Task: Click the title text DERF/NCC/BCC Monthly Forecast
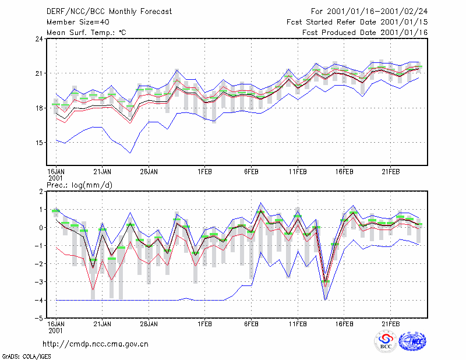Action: click(x=109, y=12)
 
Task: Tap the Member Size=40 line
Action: click(x=78, y=22)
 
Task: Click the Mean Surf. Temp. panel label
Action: click(x=86, y=33)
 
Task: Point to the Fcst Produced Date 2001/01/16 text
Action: click(x=365, y=33)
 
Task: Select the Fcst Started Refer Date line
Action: click(x=357, y=22)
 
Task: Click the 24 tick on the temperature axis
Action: click(x=40, y=39)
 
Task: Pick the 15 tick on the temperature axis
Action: click(x=40, y=143)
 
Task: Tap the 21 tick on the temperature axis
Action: click(x=40, y=73)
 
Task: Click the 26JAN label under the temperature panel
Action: click(x=149, y=172)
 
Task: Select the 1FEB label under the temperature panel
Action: click(x=205, y=172)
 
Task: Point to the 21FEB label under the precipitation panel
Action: click(x=390, y=324)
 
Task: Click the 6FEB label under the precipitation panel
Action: click(x=252, y=324)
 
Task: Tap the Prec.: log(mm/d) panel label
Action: click(x=80, y=185)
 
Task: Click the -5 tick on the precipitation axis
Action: click(x=38, y=319)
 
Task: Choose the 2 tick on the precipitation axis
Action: click(x=41, y=192)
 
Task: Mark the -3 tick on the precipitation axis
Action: click(x=38, y=282)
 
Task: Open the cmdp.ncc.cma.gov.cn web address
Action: click(x=96, y=344)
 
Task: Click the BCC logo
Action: click(x=386, y=341)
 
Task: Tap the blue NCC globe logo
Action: click(x=412, y=341)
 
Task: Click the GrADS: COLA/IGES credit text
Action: click(x=27, y=357)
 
